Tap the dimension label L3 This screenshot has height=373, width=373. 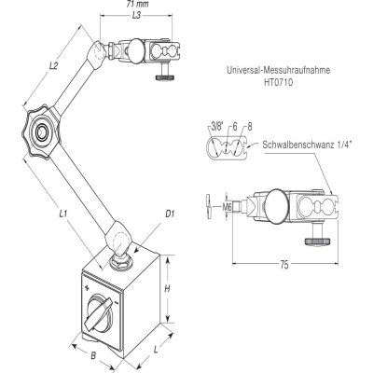pyautogui.click(x=136, y=16)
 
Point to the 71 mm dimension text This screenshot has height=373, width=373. pyautogui.click(x=138, y=6)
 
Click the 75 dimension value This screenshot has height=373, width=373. pyautogui.click(x=281, y=265)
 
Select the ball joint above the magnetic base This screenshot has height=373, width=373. pyautogui.click(x=118, y=256)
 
